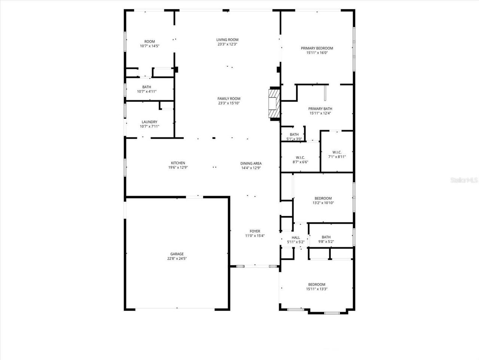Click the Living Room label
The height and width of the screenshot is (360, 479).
(x=227, y=40)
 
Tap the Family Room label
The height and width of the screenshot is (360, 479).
(x=229, y=99)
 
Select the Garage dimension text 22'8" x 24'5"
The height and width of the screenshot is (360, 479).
(x=175, y=259)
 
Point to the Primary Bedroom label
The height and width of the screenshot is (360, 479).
(x=317, y=48)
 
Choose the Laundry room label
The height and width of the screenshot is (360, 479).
(x=149, y=122)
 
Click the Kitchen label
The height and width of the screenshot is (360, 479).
(x=178, y=163)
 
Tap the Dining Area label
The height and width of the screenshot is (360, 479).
(x=251, y=163)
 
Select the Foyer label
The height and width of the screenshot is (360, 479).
(x=255, y=231)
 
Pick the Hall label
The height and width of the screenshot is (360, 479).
(x=296, y=237)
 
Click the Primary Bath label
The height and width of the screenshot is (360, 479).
(x=320, y=109)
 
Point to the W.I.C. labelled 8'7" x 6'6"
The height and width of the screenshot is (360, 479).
(x=300, y=157)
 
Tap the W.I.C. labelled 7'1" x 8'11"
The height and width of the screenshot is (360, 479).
(x=337, y=152)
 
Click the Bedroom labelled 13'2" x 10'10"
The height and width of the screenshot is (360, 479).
(x=323, y=198)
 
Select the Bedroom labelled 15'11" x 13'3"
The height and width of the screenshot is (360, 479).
(x=317, y=285)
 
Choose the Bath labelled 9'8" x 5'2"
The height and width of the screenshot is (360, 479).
(x=326, y=237)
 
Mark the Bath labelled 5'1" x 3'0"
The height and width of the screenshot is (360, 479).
(x=294, y=135)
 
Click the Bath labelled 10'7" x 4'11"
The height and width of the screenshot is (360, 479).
(x=146, y=87)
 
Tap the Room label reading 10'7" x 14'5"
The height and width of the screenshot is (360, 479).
(x=150, y=42)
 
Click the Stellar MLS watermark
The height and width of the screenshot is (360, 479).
(x=464, y=180)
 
